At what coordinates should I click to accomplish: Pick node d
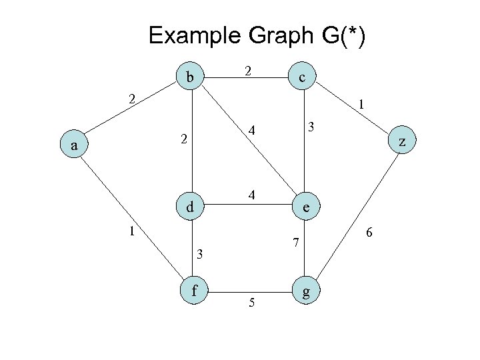point(190,207)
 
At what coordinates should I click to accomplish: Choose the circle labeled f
point(194,291)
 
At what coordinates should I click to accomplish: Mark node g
point(305,291)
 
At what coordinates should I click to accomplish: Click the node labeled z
point(401,142)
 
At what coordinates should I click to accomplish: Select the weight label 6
point(369,233)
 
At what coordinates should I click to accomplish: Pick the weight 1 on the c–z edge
point(360,105)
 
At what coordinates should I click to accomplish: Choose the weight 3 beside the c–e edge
point(310,126)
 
